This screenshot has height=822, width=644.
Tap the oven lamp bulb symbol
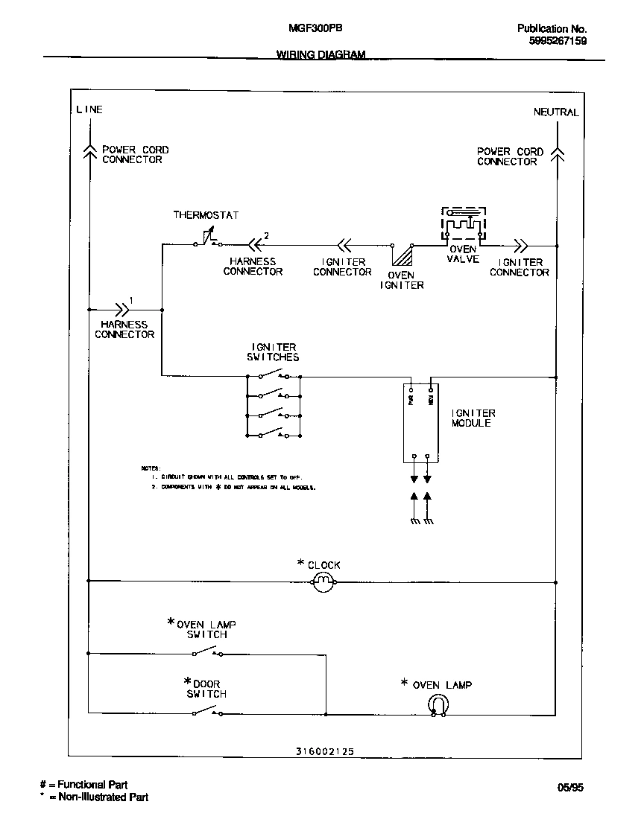(438, 704)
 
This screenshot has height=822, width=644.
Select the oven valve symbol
(463, 224)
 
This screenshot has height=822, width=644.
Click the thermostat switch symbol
(207, 240)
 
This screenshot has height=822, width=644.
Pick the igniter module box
(420, 423)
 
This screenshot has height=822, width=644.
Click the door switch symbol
(207, 713)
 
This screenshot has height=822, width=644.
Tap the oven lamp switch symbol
(207, 653)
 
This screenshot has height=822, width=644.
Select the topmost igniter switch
(273, 375)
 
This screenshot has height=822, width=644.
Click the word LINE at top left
(89, 109)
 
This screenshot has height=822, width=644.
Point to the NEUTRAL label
(555, 112)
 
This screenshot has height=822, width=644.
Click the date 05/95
(571, 787)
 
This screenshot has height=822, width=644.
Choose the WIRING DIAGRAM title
(321, 54)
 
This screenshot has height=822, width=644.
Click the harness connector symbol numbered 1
(119, 308)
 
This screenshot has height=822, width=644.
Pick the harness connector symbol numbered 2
(255, 243)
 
